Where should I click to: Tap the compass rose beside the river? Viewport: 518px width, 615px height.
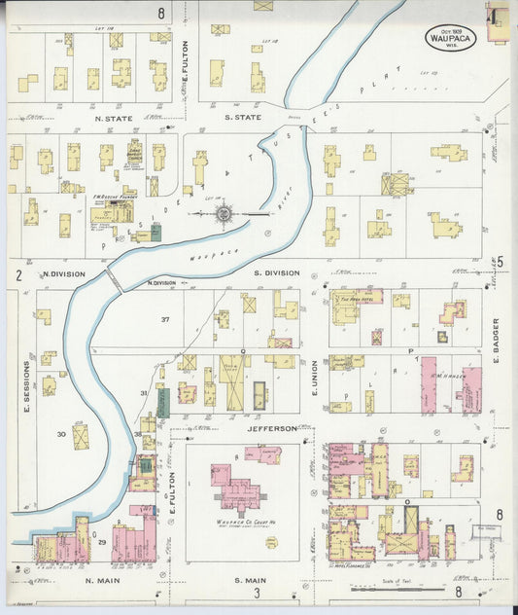[x=223, y=212]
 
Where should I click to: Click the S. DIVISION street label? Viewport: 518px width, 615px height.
[x=275, y=273]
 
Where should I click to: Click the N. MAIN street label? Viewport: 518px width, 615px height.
[x=101, y=581]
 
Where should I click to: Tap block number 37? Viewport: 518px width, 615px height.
[x=165, y=320]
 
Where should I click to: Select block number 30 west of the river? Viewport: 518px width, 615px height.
[x=61, y=434]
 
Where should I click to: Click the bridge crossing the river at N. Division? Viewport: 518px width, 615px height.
[x=115, y=280]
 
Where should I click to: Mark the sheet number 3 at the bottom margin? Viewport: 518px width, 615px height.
[x=258, y=593]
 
